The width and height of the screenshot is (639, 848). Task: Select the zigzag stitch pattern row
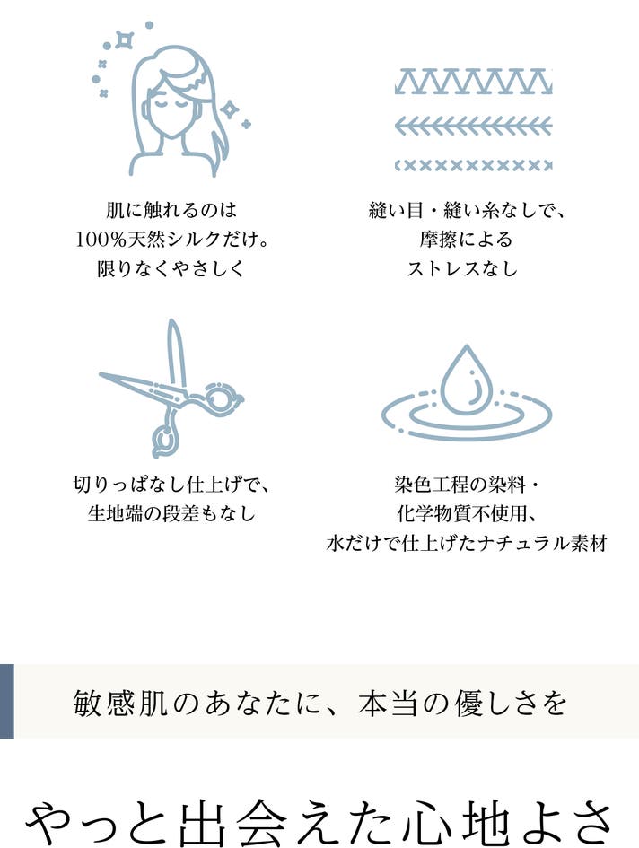474,82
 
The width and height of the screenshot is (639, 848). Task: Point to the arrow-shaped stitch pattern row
474,127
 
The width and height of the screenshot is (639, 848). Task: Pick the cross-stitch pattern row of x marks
474,165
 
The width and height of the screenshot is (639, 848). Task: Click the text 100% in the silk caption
101,239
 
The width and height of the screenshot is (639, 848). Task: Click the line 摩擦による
465,239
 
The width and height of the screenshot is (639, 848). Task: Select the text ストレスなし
462,268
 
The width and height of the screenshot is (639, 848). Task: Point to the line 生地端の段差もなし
171,513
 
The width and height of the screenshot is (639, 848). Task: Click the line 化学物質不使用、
467,513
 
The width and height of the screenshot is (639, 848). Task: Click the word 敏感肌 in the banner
119,703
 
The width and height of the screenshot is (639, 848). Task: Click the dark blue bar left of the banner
6,701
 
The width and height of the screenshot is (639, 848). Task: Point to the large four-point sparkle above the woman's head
125,40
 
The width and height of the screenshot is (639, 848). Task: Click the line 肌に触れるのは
171,210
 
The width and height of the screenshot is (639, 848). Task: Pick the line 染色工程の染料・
467,484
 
